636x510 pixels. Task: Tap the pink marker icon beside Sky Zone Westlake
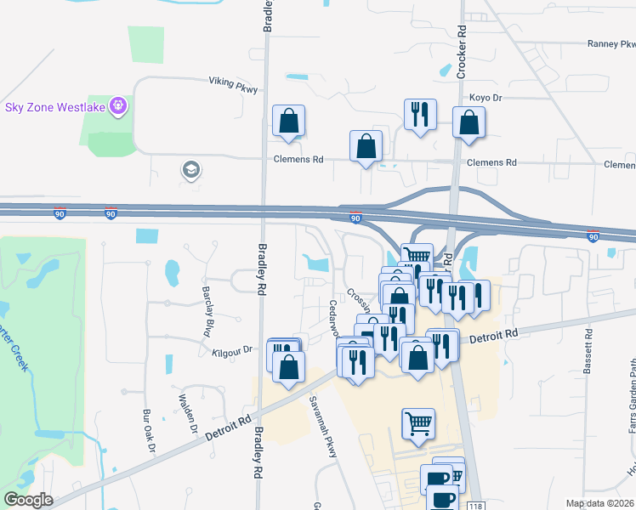coord(117,106)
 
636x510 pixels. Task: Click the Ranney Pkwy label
coord(610,44)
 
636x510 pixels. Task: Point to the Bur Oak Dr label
coord(150,434)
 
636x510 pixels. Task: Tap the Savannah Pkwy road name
coord(323,427)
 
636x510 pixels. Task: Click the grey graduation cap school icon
coord(191,170)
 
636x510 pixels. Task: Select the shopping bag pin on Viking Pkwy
coord(288,122)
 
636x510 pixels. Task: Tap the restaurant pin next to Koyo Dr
coord(420,115)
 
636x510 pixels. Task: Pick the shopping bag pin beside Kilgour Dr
coord(289,366)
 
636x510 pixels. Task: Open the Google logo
coord(29,499)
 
